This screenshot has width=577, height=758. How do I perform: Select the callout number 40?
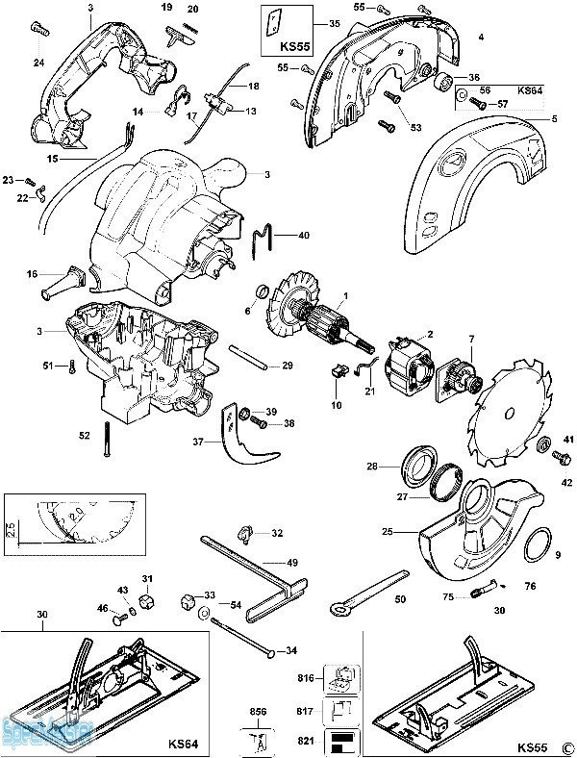[x=304, y=235]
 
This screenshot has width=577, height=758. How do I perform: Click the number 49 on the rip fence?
[x=292, y=562]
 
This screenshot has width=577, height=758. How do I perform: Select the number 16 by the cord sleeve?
[x=32, y=274]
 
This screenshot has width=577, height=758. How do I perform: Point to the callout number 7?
[x=471, y=338]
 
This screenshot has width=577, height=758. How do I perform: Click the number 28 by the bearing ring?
[x=399, y=467]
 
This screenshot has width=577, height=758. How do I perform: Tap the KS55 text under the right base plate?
[x=532, y=745]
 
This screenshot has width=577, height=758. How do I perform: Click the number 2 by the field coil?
[x=430, y=334]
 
